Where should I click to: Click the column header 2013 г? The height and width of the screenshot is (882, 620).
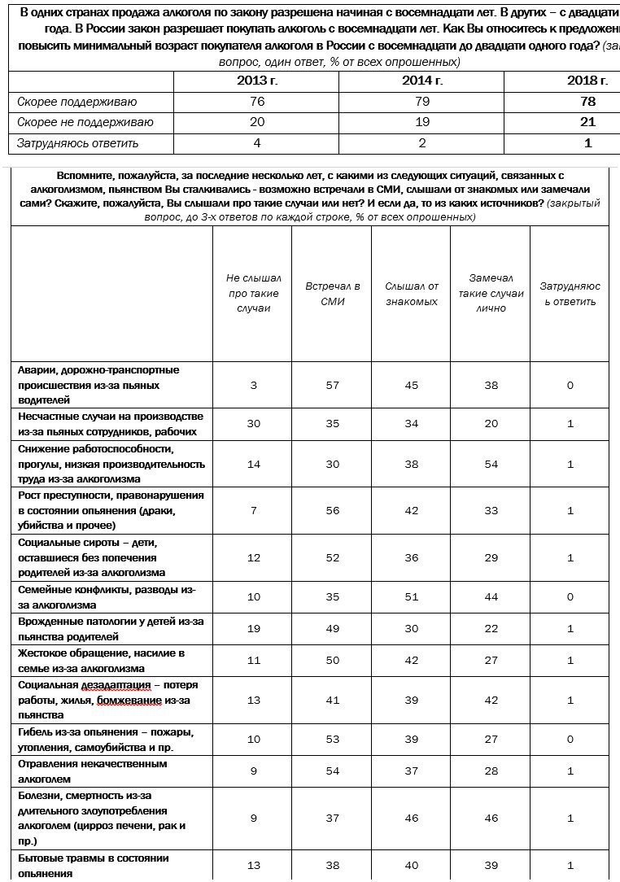(x=257, y=81)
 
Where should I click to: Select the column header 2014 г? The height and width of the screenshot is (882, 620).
(x=422, y=81)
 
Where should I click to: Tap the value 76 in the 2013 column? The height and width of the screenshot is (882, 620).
(x=257, y=102)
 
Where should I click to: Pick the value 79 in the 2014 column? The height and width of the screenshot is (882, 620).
(x=422, y=102)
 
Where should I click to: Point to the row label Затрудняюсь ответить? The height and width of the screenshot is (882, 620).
(x=78, y=143)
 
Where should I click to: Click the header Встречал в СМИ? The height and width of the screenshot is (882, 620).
(x=333, y=294)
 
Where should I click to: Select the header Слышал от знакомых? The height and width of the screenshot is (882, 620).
(x=411, y=294)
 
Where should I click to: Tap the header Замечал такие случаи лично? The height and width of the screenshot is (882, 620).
(x=491, y=294)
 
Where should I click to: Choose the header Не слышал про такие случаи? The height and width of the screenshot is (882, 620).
(x=252, y=294)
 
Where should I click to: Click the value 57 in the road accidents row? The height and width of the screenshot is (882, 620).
(x=332, y=385)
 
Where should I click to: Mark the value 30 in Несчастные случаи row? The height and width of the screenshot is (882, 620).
(x=254, y=424)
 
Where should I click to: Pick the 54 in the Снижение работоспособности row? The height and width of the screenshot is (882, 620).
(x=491, y=464)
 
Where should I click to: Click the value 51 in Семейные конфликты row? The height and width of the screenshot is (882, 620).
(x=412, y=597)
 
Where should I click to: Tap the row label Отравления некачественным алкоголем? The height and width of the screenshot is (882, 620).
(x=92, y=771)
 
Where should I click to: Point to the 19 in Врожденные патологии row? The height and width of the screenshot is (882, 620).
(x=254, y=629)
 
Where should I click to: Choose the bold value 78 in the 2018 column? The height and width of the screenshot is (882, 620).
(x=589, y=102)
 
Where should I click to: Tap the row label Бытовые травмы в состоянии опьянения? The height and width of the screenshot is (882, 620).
(x=93, y=866)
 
